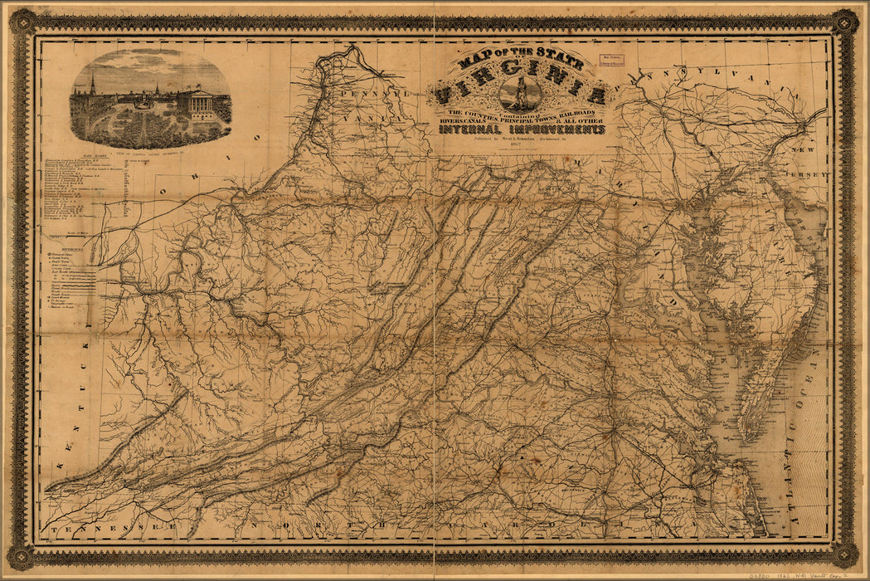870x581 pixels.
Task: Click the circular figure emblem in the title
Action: click(521, 92)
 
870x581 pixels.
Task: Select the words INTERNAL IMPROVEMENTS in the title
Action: click(522, 130)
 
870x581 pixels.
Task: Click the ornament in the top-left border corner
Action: click(22, 22)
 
